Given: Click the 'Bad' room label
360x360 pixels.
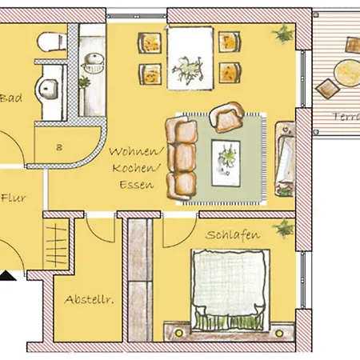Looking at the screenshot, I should tap(10, 99).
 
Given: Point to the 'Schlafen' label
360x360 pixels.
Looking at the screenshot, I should tap(230, 235).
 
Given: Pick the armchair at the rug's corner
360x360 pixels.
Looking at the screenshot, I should tap(228, 117).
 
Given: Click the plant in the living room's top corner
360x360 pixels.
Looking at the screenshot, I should tap(282, 34).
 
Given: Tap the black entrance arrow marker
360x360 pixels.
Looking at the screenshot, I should tap(6, 278).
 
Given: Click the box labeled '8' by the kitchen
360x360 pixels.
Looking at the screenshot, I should tap(61, 146).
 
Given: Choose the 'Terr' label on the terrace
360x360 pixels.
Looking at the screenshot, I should tap(344, 116).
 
